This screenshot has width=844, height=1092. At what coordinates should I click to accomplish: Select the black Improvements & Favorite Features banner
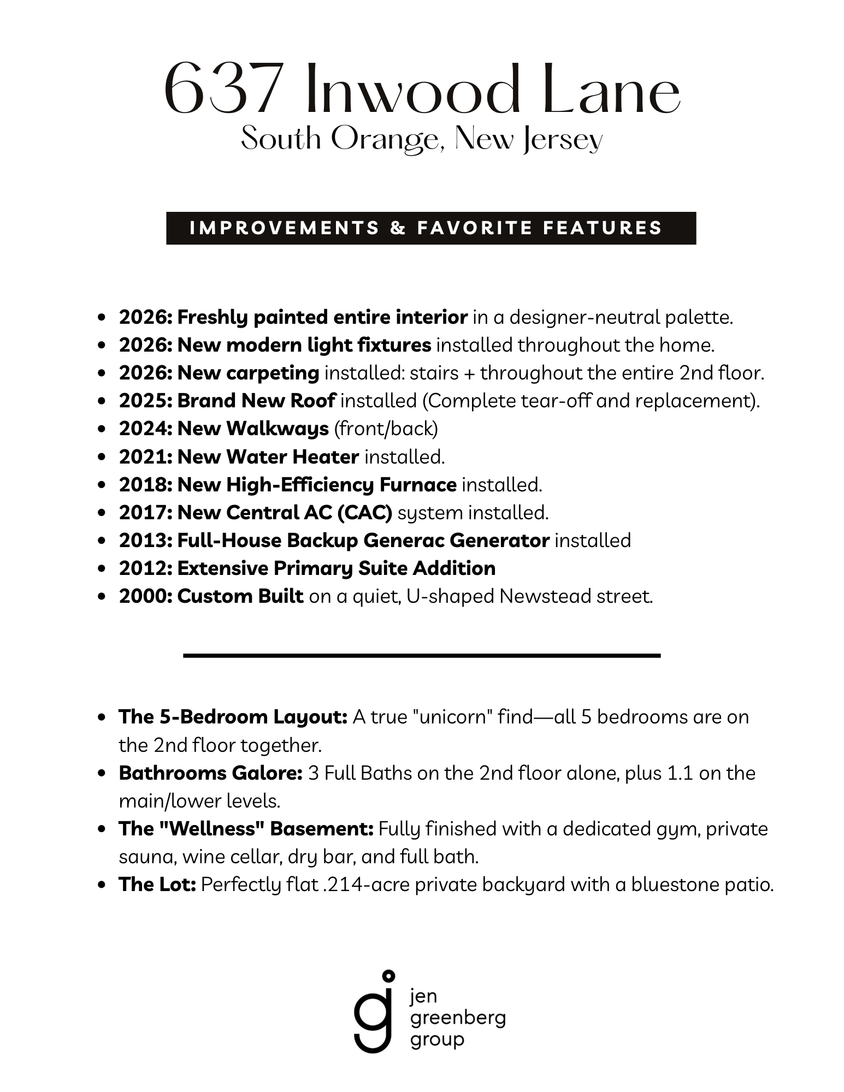(x=430, y=228)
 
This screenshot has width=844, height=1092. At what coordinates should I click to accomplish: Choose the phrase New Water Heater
(x=268, y=457)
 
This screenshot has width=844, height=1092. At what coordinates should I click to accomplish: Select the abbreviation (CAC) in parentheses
(x=364, y=513)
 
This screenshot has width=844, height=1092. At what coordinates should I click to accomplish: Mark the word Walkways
(x=278, y=429)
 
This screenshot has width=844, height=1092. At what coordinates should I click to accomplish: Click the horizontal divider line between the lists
(x=422, y=655)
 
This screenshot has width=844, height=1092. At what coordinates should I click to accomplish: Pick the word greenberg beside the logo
(x=458, y=1019)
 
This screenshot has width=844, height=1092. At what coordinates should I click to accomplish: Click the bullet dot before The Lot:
(x=102, y=885)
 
